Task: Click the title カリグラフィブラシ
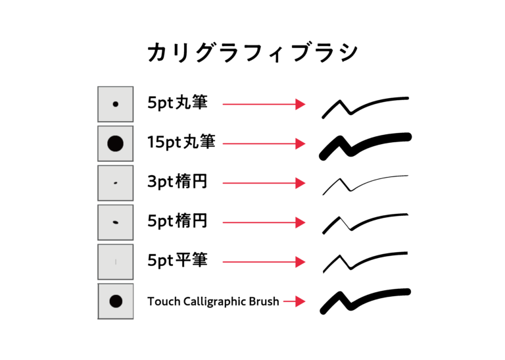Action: pyautogui.click(x=252, y=52)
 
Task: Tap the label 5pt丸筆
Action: pyautogui.click(x=178, y=103)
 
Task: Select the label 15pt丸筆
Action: pyautogui.click(x=181, y=141)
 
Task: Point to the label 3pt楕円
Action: pyautogui.click(x=177, y=182)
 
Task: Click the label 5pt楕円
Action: pyautogui.click(x=177, y=220)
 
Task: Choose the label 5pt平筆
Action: pyautogui.click(x=178, y=260)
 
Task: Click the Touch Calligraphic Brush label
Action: pyautogui.click(x=213, y=301)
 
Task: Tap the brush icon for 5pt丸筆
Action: pyautogui.click(x=116, y=104)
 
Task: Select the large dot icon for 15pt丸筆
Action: pyautogui.click(x=116, y=143)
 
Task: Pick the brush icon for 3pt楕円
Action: pyautogui.click(x=116, y=183)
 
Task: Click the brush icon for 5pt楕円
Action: pyautogui.click(x=116, y=222)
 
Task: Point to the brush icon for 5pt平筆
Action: pyautogui.click(x=116, y=262)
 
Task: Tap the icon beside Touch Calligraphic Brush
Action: pyautogui.click(x=116, y=301)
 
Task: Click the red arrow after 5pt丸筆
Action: pyautogui.click(x=264, y=105)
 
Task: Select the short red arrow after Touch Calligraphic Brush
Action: pyautogui.click(x=295, y=301)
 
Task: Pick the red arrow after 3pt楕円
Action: pyautogui.click(x=264, y=183)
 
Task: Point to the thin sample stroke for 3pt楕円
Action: pyautogui.click(x=350, y=190)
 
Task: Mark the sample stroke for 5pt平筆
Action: pyautogui.click(x=350, y=268)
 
